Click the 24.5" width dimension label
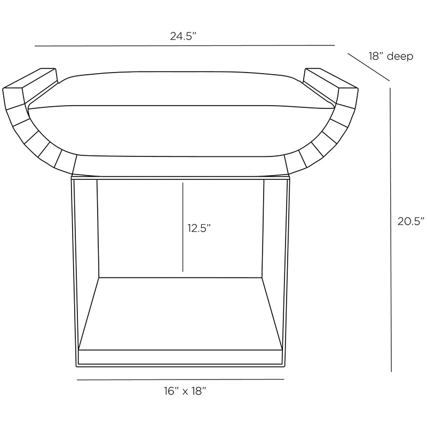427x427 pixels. coord(183,36)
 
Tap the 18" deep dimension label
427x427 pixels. coord(391,57)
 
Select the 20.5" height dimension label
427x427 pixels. coord(411,222)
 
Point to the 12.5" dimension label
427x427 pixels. coord(199,228)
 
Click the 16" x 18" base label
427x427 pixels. coord(185,391)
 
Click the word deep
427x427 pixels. coord(400,57)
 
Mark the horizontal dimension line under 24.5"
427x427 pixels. coord(185,45)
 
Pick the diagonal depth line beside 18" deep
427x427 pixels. coord(368,67)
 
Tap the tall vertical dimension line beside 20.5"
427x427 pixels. coord(391,230)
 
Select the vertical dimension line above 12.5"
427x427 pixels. coord(183,227)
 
